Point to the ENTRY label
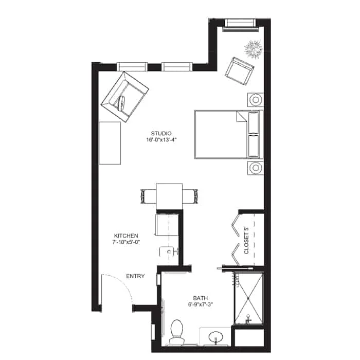click(x=135, y=276)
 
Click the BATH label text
click(x=200, y=298)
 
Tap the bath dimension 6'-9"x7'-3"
click(x=200, y=305)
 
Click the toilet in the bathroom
click(x=176, y=330)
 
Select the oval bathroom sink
click(x=216, y=339)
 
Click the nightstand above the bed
click(x=256, y=99)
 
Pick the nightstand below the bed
click(x=256, y=168)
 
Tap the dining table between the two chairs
click(x=169, y=196)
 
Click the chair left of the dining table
click(x=146, y=196)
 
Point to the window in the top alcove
click(x=241, y=23)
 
